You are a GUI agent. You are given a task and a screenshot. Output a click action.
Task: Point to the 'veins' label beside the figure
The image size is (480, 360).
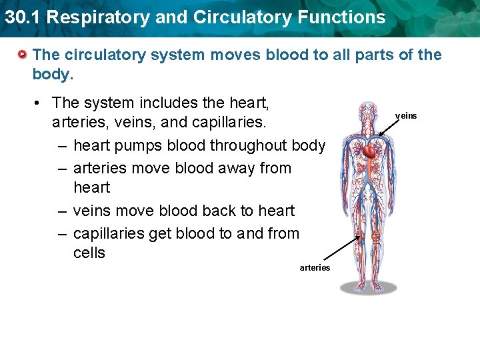click(406, 116)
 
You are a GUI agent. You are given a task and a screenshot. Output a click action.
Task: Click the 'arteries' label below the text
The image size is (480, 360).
click(315, 268)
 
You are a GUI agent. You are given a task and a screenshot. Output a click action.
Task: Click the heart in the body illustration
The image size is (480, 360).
click(369, 152)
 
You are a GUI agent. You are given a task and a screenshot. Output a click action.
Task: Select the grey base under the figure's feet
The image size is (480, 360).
click(369, 287)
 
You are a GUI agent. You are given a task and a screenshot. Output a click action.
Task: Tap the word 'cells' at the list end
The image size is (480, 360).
click(89, 253)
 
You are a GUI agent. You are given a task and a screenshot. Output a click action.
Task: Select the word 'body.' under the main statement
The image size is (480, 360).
click(51, 74)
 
